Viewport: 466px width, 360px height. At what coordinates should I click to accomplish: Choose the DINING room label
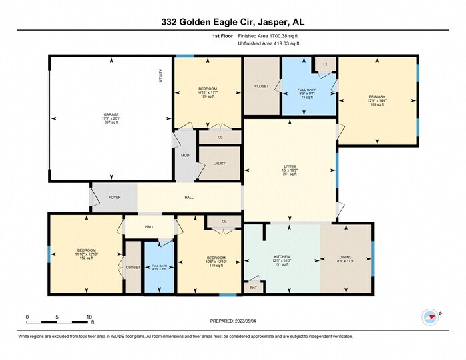[x=346, y=256]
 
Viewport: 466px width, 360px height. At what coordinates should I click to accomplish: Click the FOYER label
[x=115, y=198]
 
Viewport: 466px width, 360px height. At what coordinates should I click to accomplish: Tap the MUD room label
[x=185, y=156]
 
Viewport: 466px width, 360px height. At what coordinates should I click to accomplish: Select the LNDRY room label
[x=219, y=163]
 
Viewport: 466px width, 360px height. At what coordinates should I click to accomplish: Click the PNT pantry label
[x=253, y=288]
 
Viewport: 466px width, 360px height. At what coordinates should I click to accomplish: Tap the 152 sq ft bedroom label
[x=86, y=254]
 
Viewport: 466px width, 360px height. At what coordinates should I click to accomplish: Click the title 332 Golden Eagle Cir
[x=233, y=22]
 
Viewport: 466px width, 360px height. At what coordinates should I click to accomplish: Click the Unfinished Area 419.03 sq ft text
[x=268, y=43]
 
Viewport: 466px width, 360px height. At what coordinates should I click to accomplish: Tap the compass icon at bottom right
[x=429, y=316]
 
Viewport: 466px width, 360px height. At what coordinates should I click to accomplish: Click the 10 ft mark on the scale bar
[x=89, y=317]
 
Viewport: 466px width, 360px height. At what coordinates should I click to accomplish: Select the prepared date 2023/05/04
[x=233, y=321]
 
